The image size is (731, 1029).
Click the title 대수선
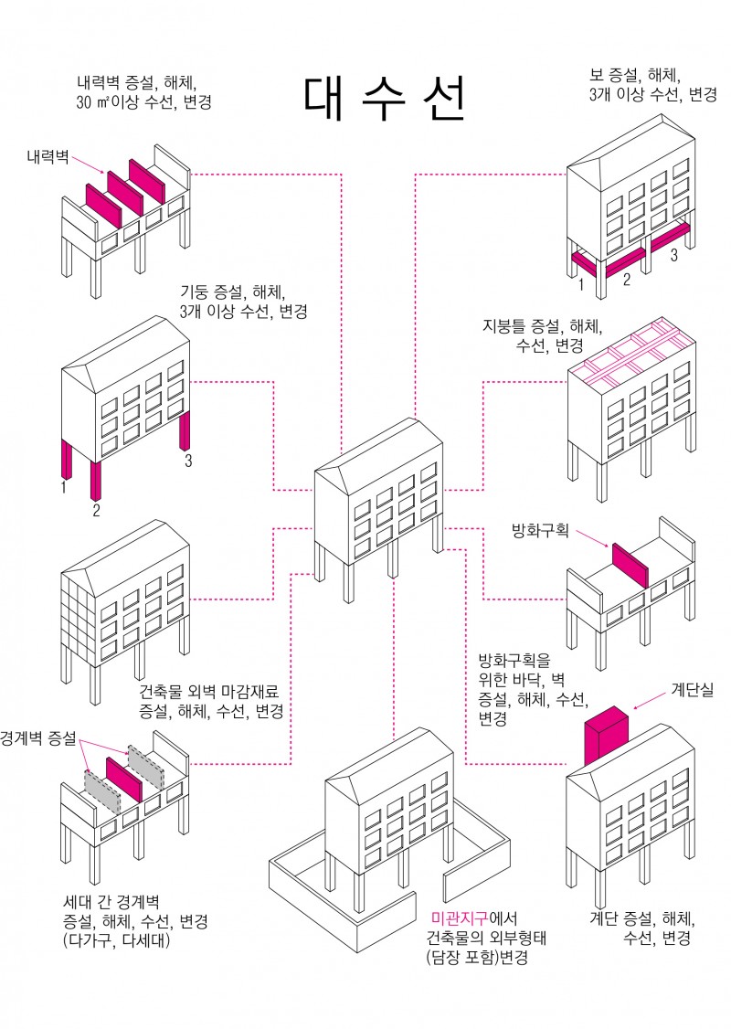[x=385, y=100]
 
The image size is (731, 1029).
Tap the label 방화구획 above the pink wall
[x=540, y=529]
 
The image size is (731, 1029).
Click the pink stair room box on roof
[x=607, y=736]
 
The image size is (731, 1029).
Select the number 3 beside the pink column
[x=188, y=461]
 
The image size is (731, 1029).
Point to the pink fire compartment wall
[x=629, y=565]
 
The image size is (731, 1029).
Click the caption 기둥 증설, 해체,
[x=234, y=293]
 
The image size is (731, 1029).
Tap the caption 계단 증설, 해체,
[x=643, y=918]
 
